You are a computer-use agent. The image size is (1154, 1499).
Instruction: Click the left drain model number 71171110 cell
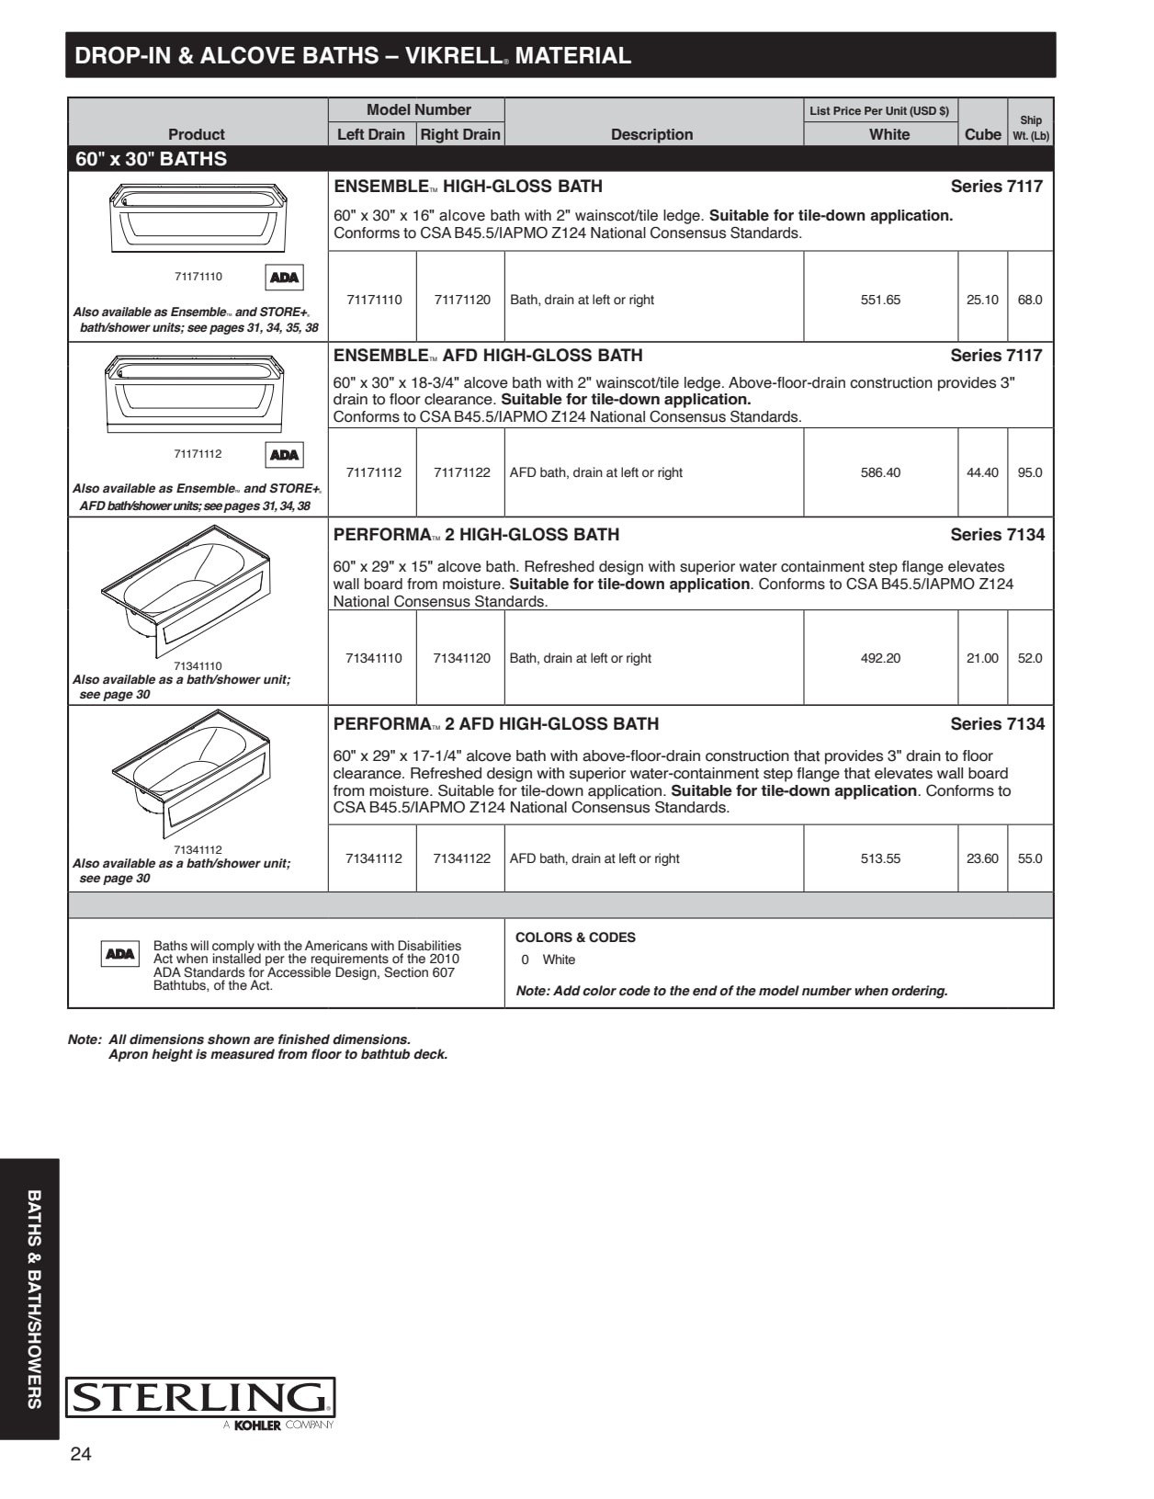(x=374, y=300)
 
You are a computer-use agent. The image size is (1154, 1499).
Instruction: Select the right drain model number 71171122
(x=461, y=472)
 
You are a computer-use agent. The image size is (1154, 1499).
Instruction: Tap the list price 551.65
(x=880, y=300)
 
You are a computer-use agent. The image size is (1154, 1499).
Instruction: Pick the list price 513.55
(x=880, y=858)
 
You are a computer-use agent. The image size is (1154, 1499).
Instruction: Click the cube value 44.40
(x=982, y=472)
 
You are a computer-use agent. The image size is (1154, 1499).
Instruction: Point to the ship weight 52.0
(x=1030, y=658)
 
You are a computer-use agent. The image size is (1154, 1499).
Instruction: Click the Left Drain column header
(x=370, y=134)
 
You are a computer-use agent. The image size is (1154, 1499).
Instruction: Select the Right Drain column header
(x=460, y=134)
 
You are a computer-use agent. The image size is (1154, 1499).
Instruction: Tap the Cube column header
(x=982, y=134)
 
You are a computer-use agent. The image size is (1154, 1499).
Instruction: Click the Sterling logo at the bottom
(x=200, y=1401)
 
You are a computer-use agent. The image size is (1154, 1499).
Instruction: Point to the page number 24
(x=81, y=1454)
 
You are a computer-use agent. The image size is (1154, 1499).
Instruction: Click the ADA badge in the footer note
(x=119, y=954)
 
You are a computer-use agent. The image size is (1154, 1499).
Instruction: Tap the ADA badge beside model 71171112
(x=284, y=455)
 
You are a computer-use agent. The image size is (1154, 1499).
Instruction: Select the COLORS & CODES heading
(x=575, y=937)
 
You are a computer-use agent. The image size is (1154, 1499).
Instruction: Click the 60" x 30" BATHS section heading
(x=151, y=159)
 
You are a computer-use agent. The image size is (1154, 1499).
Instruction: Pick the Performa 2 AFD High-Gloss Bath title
(x=496, y=724)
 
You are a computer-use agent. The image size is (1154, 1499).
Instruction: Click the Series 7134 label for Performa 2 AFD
(x=997, y=724)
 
